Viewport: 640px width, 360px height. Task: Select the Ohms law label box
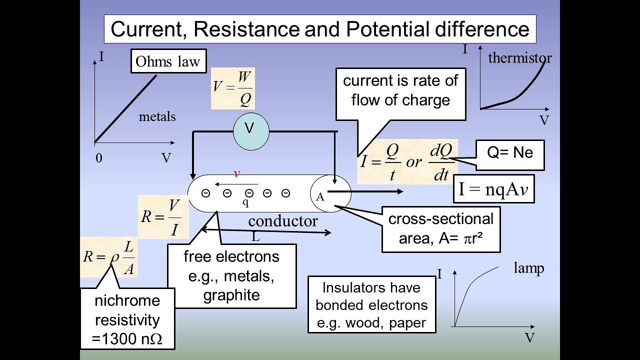pos(168,61)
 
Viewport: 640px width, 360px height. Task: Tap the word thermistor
pos(519,58)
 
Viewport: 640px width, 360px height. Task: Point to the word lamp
pos(529,268)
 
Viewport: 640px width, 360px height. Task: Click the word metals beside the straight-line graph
pos(157,116)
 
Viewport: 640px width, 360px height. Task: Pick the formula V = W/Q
pos(232,88)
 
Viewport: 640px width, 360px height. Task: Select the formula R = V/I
pos(163,217)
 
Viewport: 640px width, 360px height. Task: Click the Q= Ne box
pos(510,155)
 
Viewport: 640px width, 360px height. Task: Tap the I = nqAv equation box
pos(493,189)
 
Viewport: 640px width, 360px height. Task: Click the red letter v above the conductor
pos(237,173)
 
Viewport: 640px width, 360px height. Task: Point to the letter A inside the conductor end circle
pos(320,197)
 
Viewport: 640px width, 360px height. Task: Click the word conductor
pos(283,221)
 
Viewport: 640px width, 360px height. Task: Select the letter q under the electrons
pos(245,202)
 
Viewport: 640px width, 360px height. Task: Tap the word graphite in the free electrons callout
pos(231,295)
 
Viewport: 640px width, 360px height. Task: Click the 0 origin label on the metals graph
pos(99,158)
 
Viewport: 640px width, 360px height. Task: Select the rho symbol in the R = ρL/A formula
pos(114,257)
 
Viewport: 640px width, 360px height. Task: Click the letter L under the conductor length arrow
pos(255,237)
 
